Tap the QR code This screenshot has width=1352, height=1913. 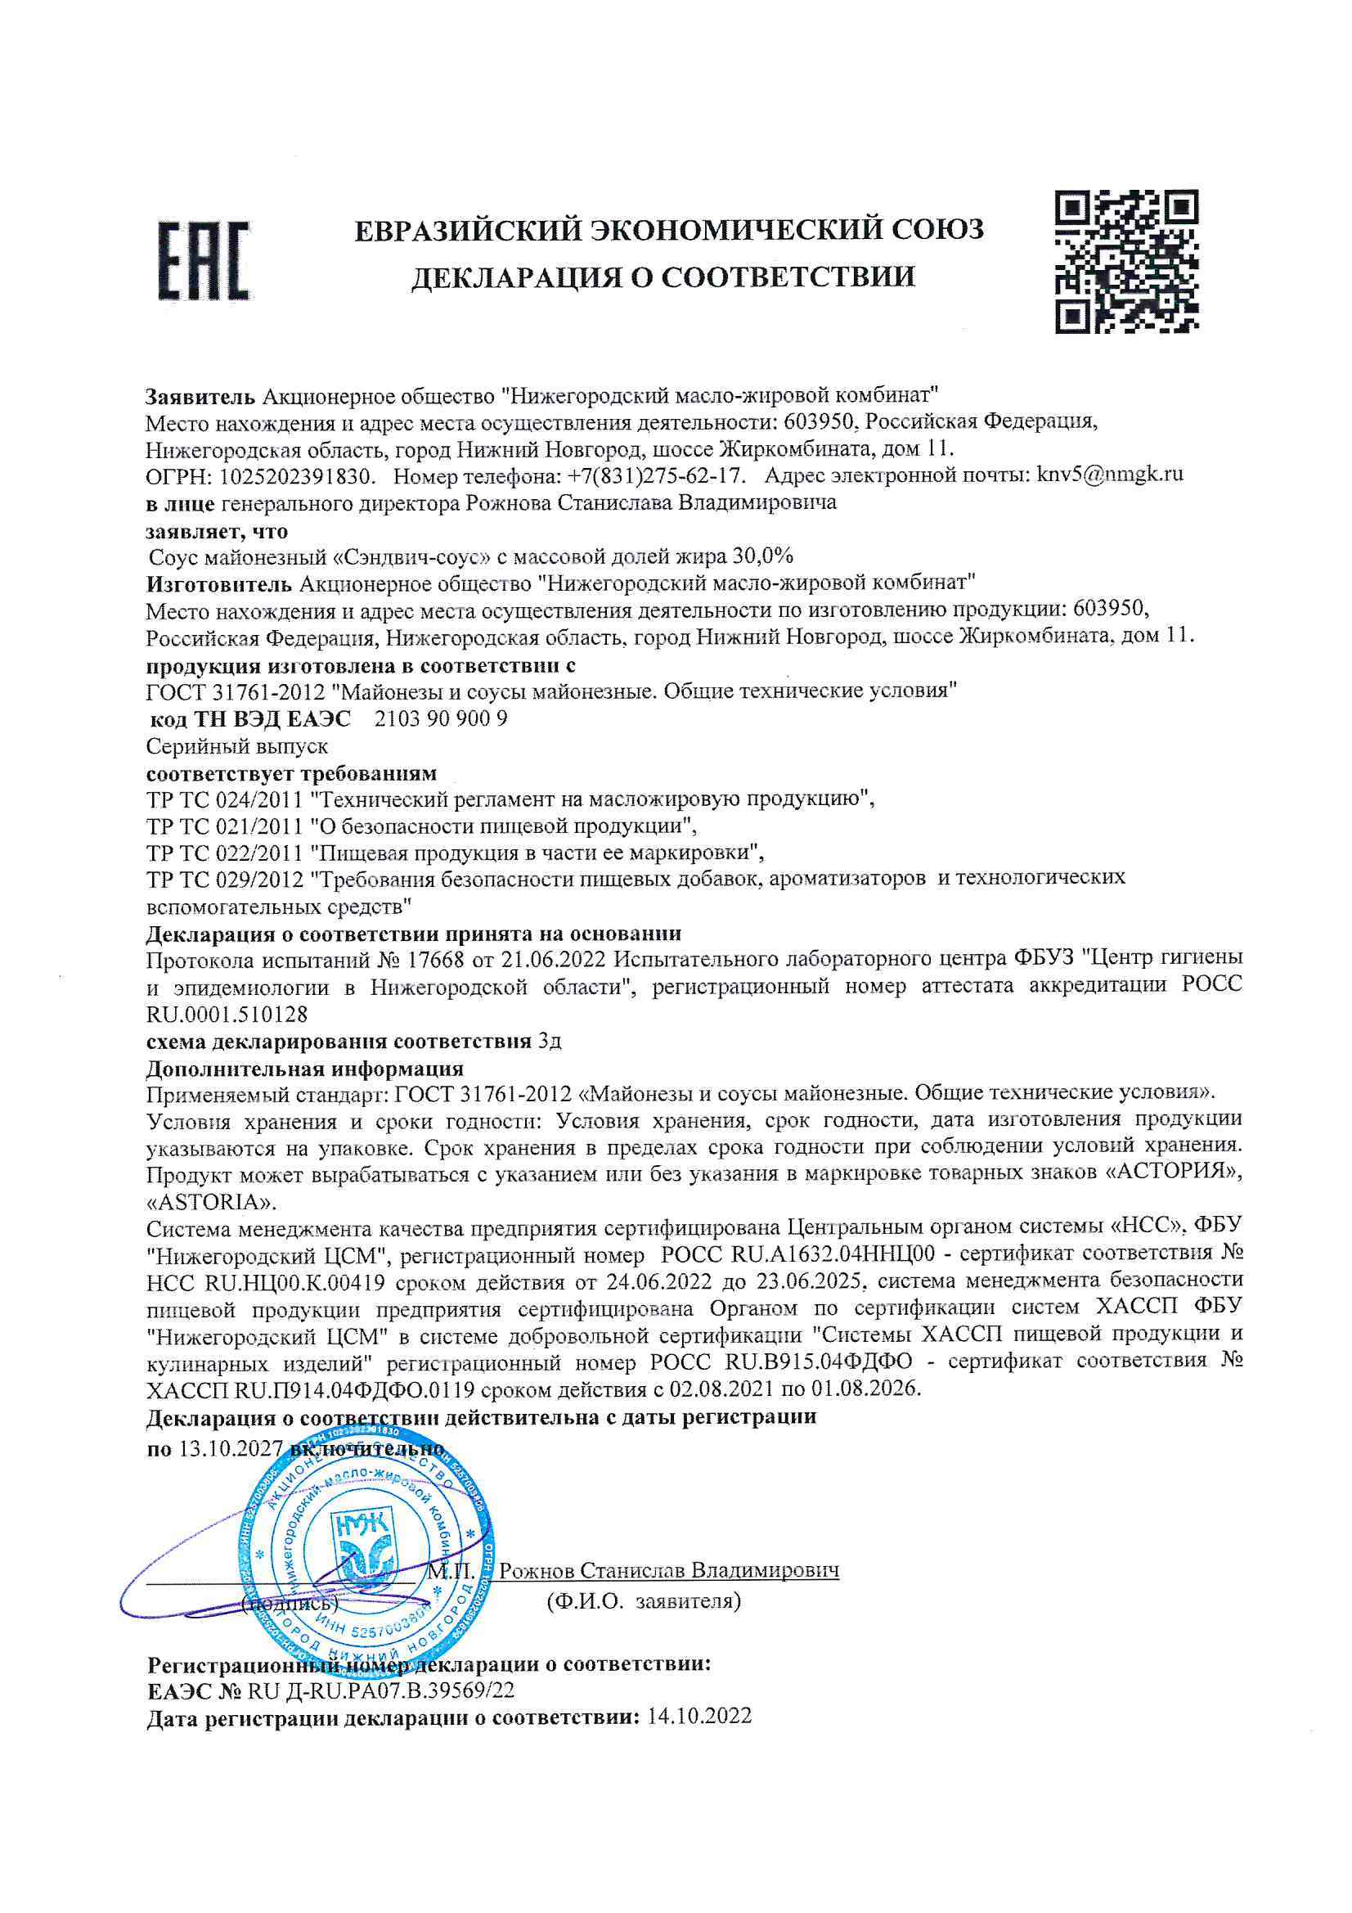[1127, 262]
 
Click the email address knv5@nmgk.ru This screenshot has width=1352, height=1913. [1110, 475]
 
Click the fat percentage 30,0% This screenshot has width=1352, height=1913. [762, 556]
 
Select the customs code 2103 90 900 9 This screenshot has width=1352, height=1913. [441, 718]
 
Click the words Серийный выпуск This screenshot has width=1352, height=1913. [236, 745]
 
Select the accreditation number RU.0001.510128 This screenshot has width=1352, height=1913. [227, 1014]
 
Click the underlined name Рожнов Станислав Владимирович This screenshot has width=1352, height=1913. [668, 1570]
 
